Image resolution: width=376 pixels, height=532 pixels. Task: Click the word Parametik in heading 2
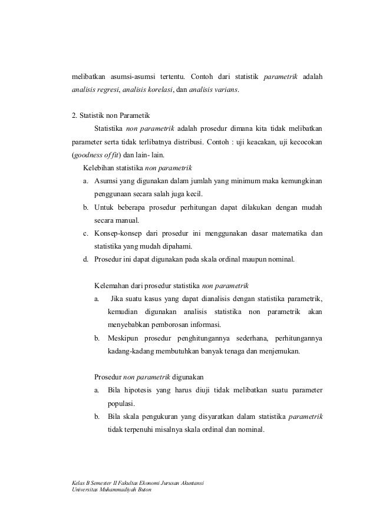(x=133, y=115)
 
